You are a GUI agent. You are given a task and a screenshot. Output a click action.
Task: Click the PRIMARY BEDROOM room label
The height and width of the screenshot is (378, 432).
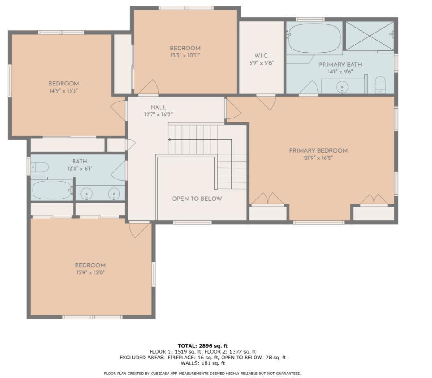point(318,150)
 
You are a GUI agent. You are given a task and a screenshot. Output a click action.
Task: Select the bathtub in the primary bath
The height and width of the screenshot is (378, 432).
point(314,38)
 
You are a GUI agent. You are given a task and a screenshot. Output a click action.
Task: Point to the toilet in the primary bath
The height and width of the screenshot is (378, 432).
point(380,85)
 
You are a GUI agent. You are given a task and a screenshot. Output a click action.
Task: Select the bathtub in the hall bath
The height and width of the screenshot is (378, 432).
point(52,190)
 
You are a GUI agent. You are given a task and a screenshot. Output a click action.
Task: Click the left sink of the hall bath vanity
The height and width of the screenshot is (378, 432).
point(86,193)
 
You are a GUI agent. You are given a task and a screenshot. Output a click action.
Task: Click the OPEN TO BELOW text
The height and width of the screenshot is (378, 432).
point(197,199)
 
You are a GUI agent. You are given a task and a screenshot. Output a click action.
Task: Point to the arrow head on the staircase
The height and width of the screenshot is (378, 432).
point(169,139)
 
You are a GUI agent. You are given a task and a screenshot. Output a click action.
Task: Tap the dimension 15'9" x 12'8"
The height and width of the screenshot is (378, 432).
point(90,272)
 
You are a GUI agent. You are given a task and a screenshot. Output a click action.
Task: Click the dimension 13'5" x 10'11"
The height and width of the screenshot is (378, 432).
point(185,56)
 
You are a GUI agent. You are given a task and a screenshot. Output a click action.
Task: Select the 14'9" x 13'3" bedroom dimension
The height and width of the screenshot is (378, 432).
point(64,90)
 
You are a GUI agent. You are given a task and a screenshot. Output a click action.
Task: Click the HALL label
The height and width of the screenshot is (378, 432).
point(158,107)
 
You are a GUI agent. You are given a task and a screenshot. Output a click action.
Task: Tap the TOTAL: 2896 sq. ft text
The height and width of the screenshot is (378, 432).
point(203,345)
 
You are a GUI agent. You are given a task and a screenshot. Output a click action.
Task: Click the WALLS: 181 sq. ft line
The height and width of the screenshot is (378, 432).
point(203,363)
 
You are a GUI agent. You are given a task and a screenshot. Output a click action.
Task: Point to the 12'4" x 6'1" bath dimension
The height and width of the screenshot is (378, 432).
point(80,168)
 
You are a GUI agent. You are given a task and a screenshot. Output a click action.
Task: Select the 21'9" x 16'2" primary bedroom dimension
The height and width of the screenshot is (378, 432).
point(318,158)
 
